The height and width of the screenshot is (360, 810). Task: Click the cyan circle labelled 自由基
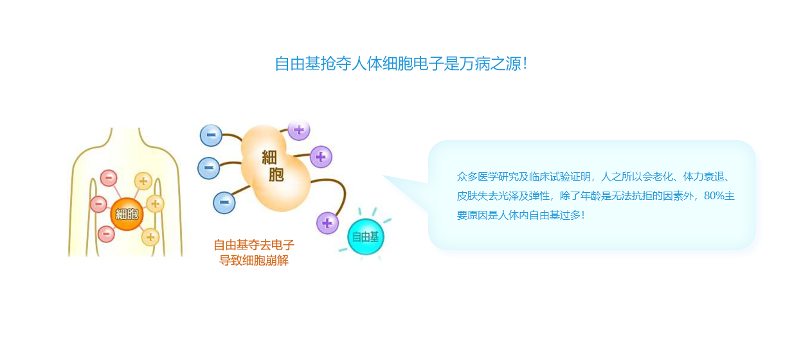click(x=366, y=237)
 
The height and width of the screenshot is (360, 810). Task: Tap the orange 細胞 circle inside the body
click(x=127, y=214)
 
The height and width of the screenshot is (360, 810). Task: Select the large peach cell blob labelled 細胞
click(x=276, y=168)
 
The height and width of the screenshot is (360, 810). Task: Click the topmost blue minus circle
click(x=211, y=135)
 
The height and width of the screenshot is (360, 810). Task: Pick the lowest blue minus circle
click(x=224, y=203)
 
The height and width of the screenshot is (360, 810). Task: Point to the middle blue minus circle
click(x=209, y=168)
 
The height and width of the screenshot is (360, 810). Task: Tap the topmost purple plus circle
click(x=299, y=130)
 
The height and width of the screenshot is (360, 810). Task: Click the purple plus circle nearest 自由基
click(x=328, y=223)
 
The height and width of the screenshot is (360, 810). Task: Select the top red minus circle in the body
click(x=109, y=178)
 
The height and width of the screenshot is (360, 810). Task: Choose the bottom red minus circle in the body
click(x=106, y=234)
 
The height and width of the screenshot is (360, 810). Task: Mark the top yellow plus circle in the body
click(x=143, y=181)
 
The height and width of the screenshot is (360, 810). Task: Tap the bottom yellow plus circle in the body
click(x=150, y=237)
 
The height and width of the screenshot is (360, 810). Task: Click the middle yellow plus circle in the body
click(x=155, y=204)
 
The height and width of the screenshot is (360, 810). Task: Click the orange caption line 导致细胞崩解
click(x=254, y=260)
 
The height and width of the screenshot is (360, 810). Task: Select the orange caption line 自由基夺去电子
click(x=254, y=245)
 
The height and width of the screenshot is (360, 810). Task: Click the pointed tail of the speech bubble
click(x=384, y=176)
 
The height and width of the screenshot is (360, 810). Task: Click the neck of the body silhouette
click(x=125, y=136)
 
